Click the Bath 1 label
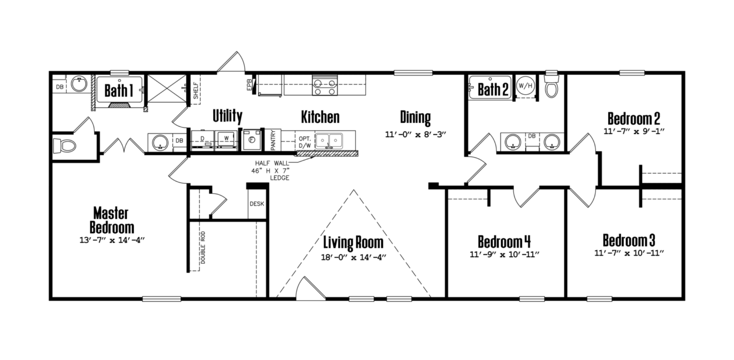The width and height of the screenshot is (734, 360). pos(118,91)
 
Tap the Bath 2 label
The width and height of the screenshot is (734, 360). pos(493,90)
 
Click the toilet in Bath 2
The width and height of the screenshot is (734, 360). pos(551,88)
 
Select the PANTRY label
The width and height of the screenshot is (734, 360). pos(273,140)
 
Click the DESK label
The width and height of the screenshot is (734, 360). pos(257,204)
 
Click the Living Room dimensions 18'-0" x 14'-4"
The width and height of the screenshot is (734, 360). pos(353,257)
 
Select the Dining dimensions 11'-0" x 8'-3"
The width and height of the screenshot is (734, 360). pos(415,134)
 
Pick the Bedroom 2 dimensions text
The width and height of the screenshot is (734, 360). pos(633,131)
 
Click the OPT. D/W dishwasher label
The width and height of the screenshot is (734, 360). pos(305,141)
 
